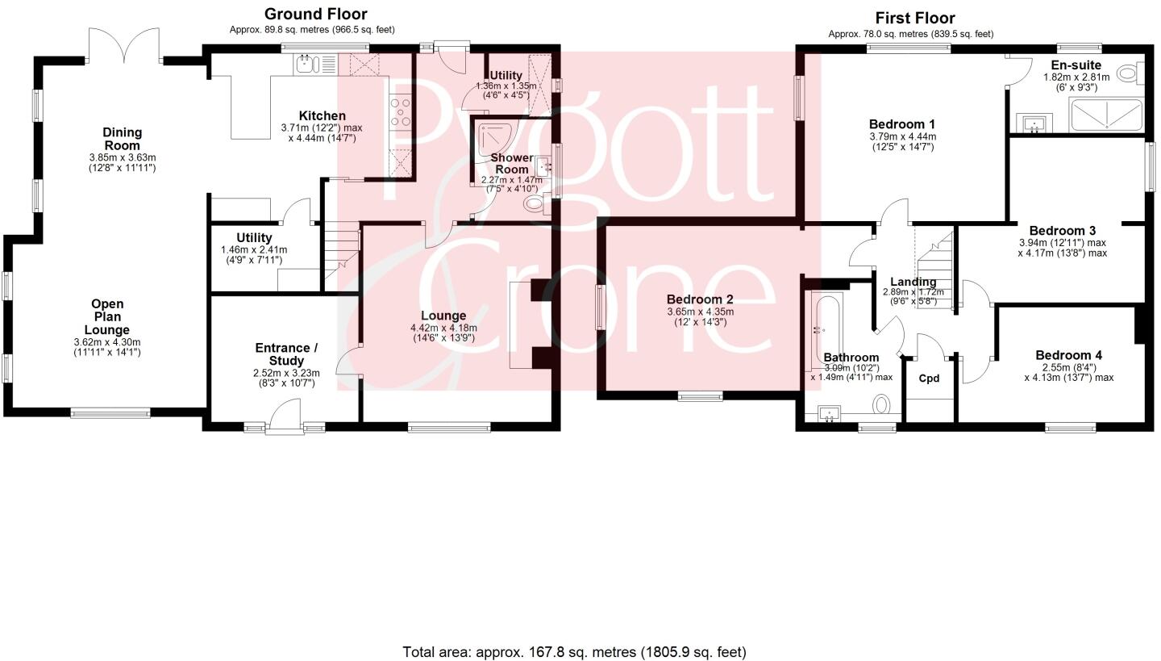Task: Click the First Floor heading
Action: pyautogui.click(x=915, y=18)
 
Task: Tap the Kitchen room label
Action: pyautogui.click(x=322, y=116)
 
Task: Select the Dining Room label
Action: pyautogui.click(x=123, y=139)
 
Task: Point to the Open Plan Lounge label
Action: pyautogui.click(x=107, y=317)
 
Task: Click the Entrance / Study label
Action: pyautogui.click(x=286, y=354)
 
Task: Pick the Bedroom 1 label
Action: pyautogui.click(x=901, y=124)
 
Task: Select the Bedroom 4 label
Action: pyautogui.click(x=1068, y=355)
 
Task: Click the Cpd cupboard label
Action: pyautogui.click(x=930, y=378)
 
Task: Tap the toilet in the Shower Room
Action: pyautogui.click(x=535, y=204)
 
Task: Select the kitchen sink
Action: pyautogui.click(x=309, y=63)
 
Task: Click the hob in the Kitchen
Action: pyautogui.click(x=401, y=111)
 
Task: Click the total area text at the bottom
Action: pyautogui.click(x=574, y=651)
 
